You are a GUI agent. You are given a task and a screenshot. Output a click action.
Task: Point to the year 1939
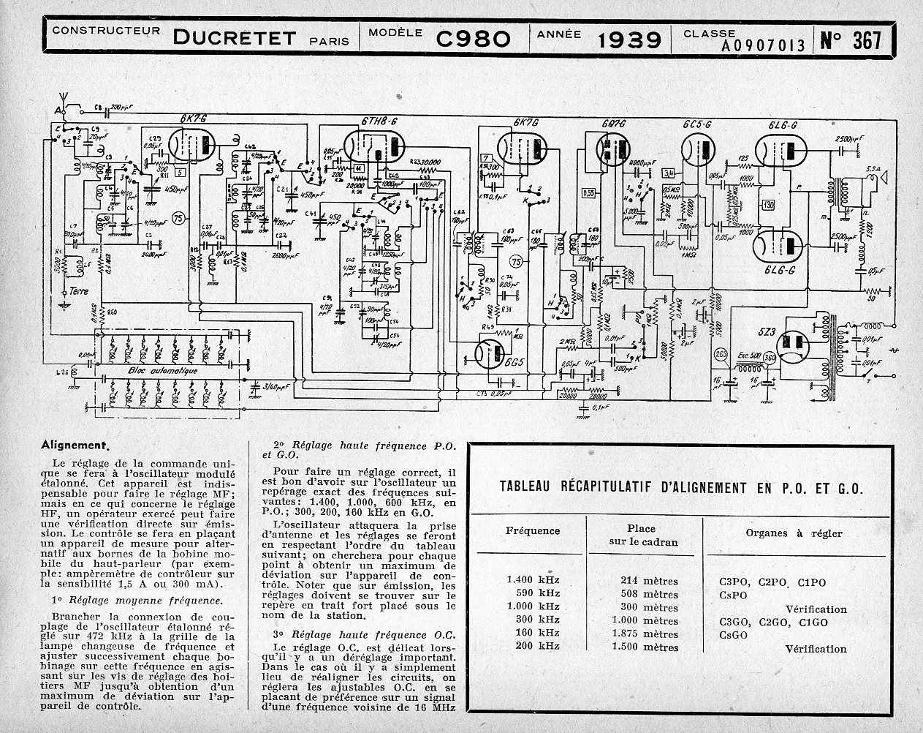pyautogui.click(x=629, y=39)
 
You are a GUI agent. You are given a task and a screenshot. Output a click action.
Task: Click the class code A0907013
pyautogui.click(x=763, y=45)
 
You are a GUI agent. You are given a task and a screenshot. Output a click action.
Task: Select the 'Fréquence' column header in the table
pyautogui.click(x=533, y=531)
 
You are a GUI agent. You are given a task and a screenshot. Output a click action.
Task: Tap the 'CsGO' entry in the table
pyautogui.click(x=734, y=634)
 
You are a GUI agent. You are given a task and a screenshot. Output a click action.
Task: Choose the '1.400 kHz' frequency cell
pyautogui.click(x=533, y=581)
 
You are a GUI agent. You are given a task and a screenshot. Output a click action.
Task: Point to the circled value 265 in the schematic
pyautogui.click(x=721, y=356)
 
